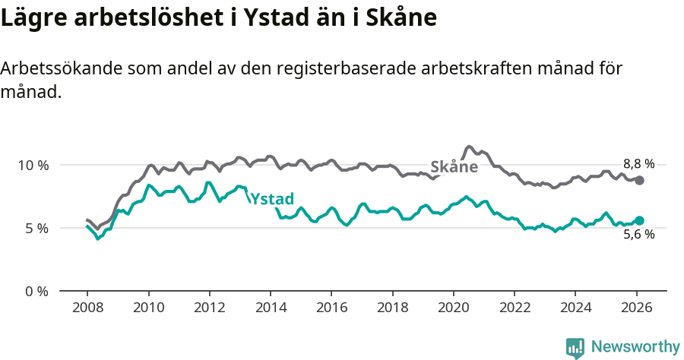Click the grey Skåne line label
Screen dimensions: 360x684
[454, 167]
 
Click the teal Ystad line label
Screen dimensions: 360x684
[271, 199]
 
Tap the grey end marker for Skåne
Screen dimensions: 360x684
[640, 180]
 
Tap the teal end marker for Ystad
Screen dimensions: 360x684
[640, 220]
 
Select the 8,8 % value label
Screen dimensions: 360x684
[638, 163]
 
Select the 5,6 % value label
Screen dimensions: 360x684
[638, 235]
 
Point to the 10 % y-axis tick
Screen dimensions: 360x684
[33, 165]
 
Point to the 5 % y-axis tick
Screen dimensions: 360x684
[36, 228]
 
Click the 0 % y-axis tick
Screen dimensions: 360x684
[36, 291]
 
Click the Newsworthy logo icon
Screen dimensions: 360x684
[575, 348]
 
